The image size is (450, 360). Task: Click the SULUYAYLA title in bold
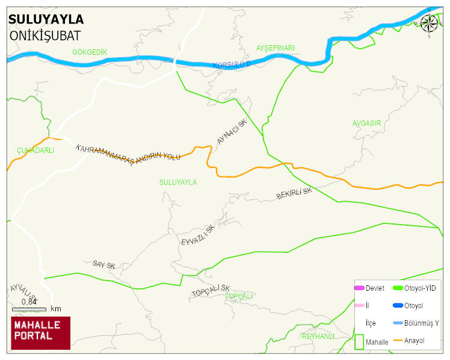pyautogui.click(x=46, y=19)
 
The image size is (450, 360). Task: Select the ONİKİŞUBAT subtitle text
pyautogui.click(x=45, y=36)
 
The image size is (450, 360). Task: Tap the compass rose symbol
pyautogui.click(x=429, y=23)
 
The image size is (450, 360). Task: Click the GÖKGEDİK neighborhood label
pyautogui.click(x=90, y=52)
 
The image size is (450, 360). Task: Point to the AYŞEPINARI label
pyautogui.click(x=276, y=48)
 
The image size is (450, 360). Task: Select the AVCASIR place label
pyautogui.click(x=366, y=123)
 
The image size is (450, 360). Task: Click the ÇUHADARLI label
pyautogui.click(x=35, y=151)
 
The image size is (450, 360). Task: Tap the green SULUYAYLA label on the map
pyautogui.click(x=177, y=182)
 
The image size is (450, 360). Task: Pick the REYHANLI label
pyautogui.click(x=318, y=336)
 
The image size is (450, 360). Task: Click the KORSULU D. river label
pyautogui.click(x=231, y=64)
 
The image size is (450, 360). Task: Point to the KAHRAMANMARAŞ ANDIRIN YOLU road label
pyautogui.click(x=128, y=152)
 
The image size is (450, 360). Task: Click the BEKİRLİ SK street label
pyautogui.click(x=294, y=194)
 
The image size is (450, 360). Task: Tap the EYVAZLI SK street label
pyautogui.click(x=197, y=235)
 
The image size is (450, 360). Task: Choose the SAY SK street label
pyautogui.click(x=103, y=264)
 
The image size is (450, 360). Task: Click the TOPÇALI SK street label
pyautogui.click(x=211, y=291)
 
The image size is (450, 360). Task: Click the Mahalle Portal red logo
pyautogui.click(x=41, y=333)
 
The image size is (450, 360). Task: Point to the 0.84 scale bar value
pyautogui.click(x=29, y=301)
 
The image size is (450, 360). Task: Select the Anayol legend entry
pyautogui.click(x=414, y=341)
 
